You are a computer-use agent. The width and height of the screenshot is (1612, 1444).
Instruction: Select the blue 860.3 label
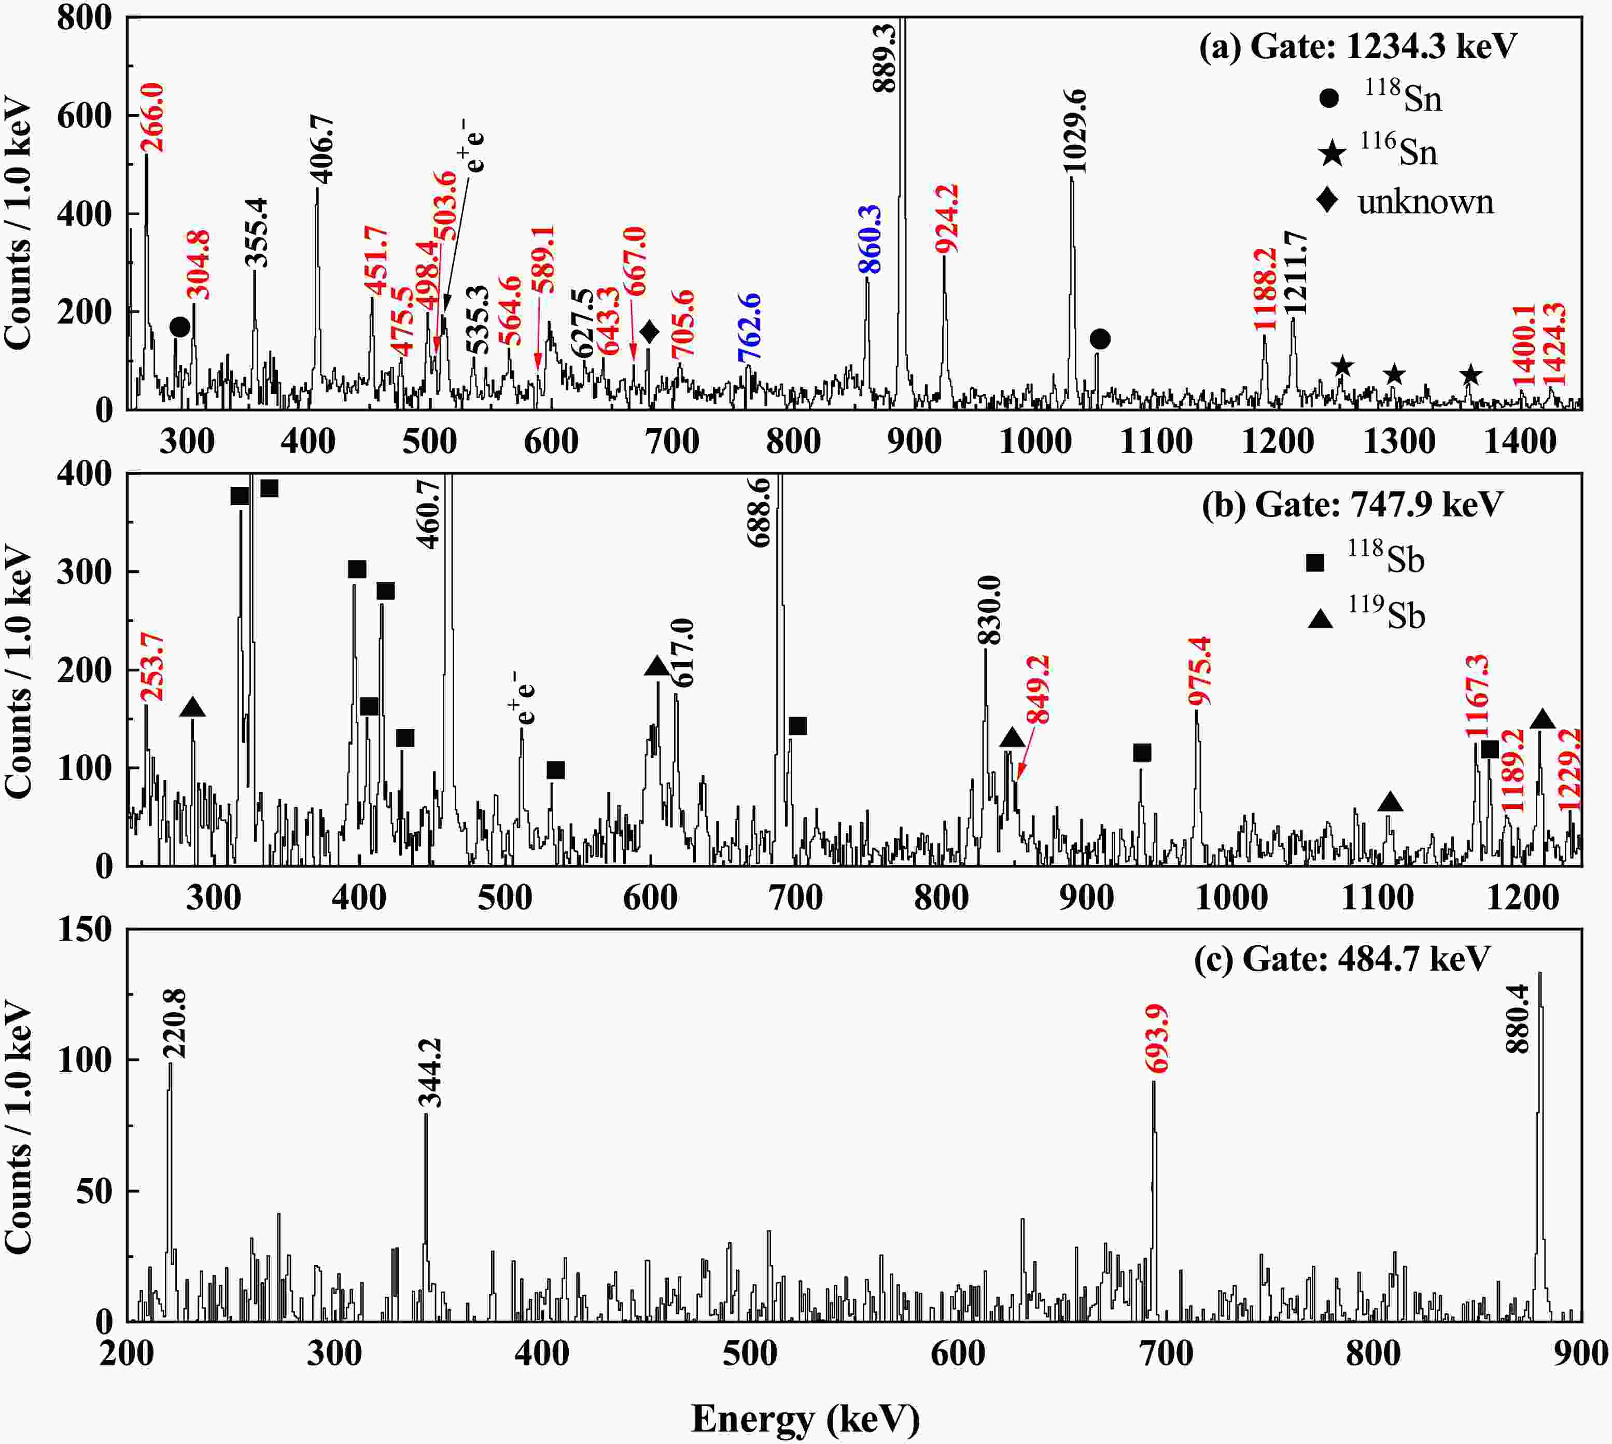click(x=870, y=240)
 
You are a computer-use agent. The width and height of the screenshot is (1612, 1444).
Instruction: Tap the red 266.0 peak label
click(x=152, y=117)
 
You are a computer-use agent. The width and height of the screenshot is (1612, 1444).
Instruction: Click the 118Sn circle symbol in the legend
click(x=1329, y=99)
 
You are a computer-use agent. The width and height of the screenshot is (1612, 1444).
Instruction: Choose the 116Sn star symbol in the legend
click(x=1332, y=152)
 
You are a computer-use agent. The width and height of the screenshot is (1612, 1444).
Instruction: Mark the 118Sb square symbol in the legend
click(x=1315, y=563)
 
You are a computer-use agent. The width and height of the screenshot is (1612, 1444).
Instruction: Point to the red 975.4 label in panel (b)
click(x=1200, y=670)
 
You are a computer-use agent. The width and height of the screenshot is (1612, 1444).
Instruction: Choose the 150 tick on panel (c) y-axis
click(x=86, y=929)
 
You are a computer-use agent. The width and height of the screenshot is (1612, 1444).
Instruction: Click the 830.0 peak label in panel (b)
click(x=989, y=611)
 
